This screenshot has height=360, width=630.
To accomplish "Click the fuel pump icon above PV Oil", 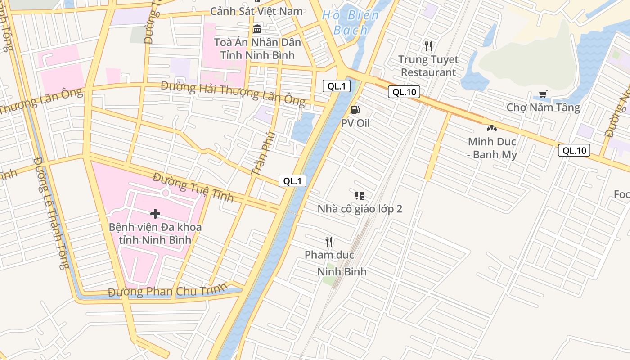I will tap(355, 109).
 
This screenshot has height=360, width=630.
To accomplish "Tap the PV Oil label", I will tap(355, 123).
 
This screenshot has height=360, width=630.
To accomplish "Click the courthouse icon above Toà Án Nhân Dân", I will tap(257, 29).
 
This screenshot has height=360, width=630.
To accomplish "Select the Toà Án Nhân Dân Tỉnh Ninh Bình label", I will tap(257, 49).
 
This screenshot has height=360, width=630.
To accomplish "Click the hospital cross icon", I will tap(155, 214).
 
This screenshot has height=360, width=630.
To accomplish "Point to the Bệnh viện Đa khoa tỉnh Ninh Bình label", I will tap(155, 234).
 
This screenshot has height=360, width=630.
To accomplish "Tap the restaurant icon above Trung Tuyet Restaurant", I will tap(428, 46).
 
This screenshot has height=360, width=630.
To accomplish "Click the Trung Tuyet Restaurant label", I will tap(428, 66).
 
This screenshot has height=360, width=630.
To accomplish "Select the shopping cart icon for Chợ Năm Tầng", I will tap(543, 94).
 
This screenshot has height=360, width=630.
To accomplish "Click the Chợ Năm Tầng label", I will tap(543, 108).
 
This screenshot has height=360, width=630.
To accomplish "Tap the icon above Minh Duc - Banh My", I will tap(491, 128).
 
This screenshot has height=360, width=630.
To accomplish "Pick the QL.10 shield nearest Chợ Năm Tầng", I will tap(574, 150).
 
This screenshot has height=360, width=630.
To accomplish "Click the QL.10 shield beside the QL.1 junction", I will tap(404, 92).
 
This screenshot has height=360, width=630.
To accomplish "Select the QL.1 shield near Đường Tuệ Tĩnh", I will tap(292, 181).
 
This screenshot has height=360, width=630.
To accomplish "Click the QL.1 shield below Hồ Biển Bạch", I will tap(336, 86).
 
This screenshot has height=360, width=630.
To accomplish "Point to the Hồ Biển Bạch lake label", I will tap(351, 22).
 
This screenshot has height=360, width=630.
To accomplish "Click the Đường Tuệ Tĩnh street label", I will tap(193, 187).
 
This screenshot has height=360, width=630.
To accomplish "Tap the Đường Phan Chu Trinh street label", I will tap(167, 291).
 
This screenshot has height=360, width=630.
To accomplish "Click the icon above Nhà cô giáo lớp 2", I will tap(359, 195).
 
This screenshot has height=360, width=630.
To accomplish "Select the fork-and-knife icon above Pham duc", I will tap(329, 242).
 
